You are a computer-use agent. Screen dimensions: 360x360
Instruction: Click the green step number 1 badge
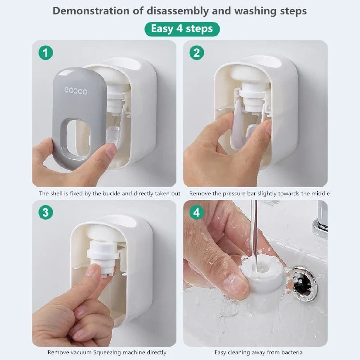click(x=45, y=53)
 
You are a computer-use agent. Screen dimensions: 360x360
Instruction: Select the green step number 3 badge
click(x=45, y=212)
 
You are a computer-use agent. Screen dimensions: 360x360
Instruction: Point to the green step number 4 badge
click(x=196, y=212)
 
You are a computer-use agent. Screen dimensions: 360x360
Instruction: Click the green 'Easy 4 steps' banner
click(x=182, y=29)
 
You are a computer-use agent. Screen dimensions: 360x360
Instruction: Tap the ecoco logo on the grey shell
click(x=76, y=91)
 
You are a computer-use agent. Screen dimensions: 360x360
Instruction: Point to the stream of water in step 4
click(x=254, y=229)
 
